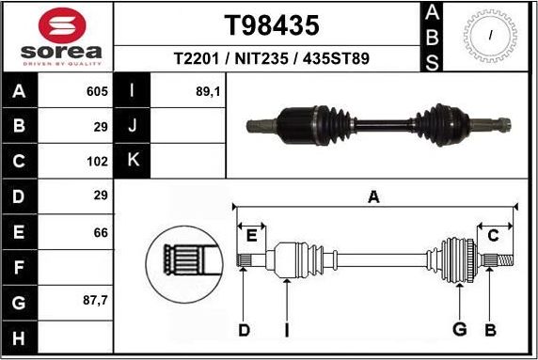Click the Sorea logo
(x=56, y=38)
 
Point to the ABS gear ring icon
(x=490, y=36)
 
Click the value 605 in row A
(x=95, y=92)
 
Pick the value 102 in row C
(x=95, y=160)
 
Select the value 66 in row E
(x=100, y=232)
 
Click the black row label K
(x=133, y=160)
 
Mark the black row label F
(x=20, y=268)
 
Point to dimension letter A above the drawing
(x=373, y=196)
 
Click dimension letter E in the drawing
(x=250, y=234)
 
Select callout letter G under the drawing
(x=459, y=329)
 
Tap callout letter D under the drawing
(x=243, y=329)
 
